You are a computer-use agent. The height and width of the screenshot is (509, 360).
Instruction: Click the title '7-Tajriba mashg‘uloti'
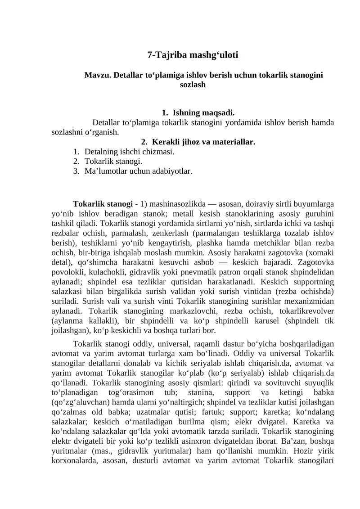pos(193,55)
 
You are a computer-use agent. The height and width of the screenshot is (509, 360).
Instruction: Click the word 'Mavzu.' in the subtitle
pos(98,75)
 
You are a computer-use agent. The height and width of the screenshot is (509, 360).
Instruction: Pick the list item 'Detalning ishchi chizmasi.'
pos(129,152)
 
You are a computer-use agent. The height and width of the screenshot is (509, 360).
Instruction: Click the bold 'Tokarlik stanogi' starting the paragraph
pos(103,203)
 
